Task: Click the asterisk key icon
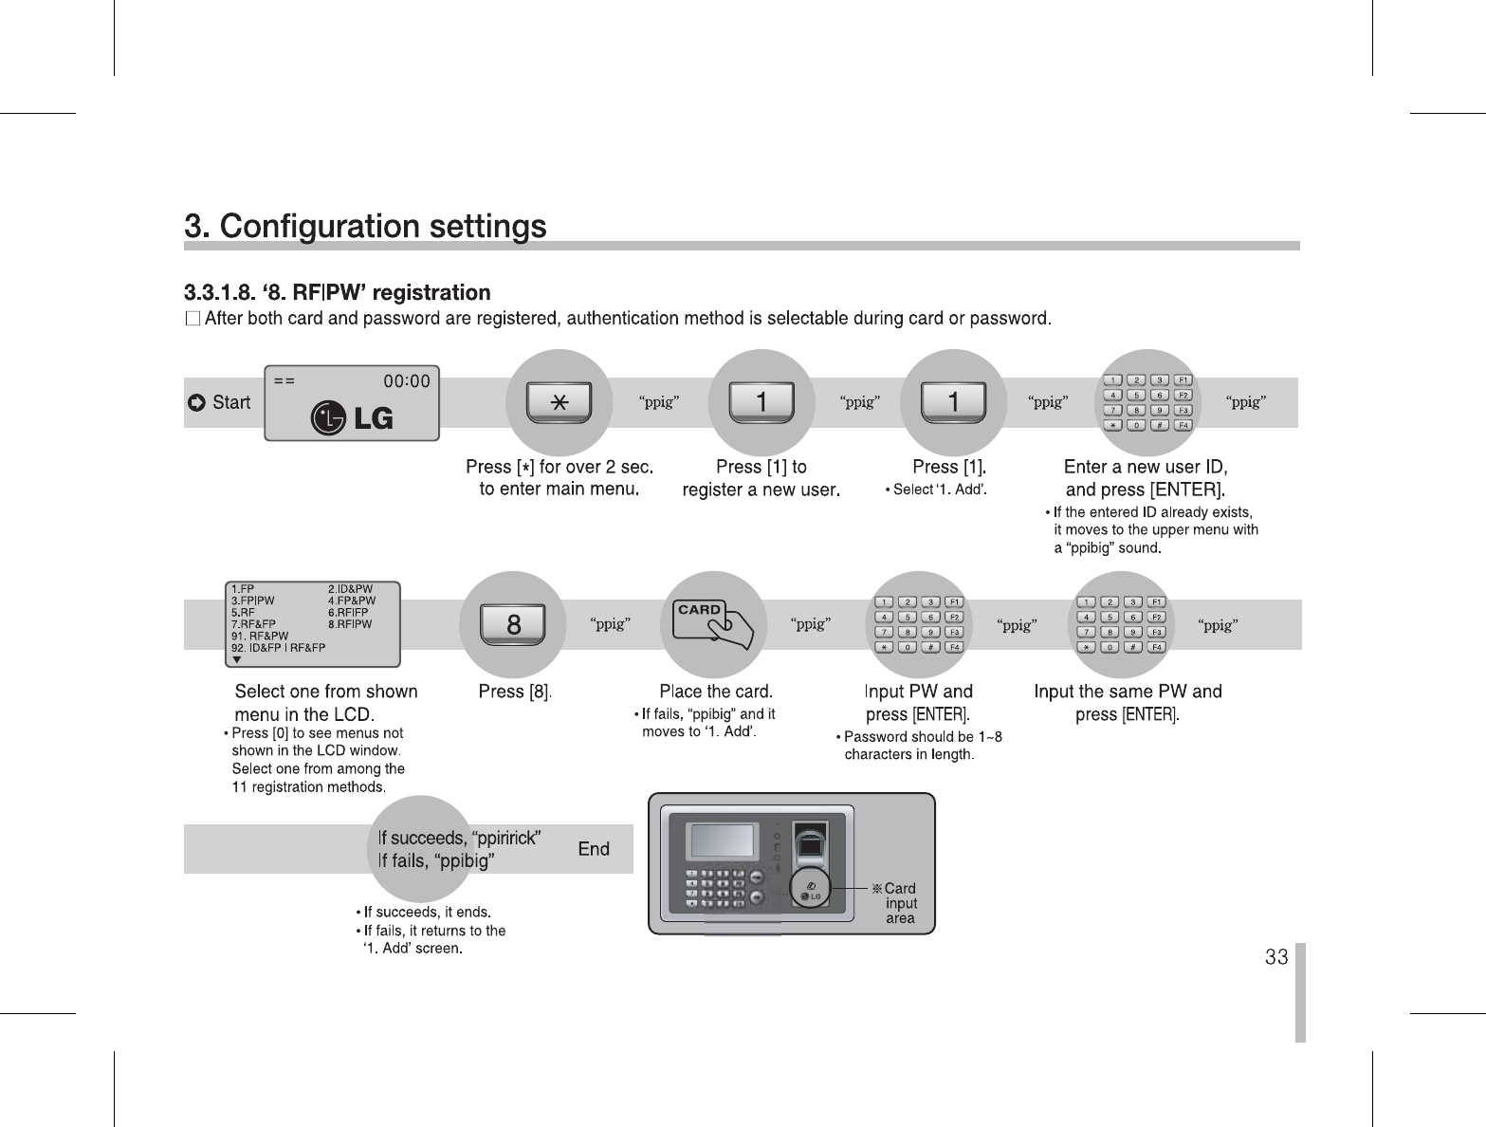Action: [560, 402]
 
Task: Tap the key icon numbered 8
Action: [513, 624]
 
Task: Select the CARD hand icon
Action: [713, 622]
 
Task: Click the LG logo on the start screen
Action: [353, 417]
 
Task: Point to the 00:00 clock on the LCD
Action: [406, 381]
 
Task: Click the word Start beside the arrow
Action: [230, 402]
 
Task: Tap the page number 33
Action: [1276, 956]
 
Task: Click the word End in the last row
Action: [594, 849]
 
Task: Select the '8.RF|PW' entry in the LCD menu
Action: [350, 624]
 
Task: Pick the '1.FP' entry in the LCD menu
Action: [243, 589]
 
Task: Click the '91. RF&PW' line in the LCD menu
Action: [260, 636]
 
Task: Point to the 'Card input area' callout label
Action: [900, 903]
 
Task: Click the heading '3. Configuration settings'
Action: [365, 227]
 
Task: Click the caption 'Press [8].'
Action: [515, 692]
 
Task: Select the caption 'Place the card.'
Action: [716, 692]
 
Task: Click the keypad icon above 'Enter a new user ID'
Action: [1147, 402]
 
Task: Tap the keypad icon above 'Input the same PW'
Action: [1121, 624]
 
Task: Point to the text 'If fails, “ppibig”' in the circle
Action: [436, 861]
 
